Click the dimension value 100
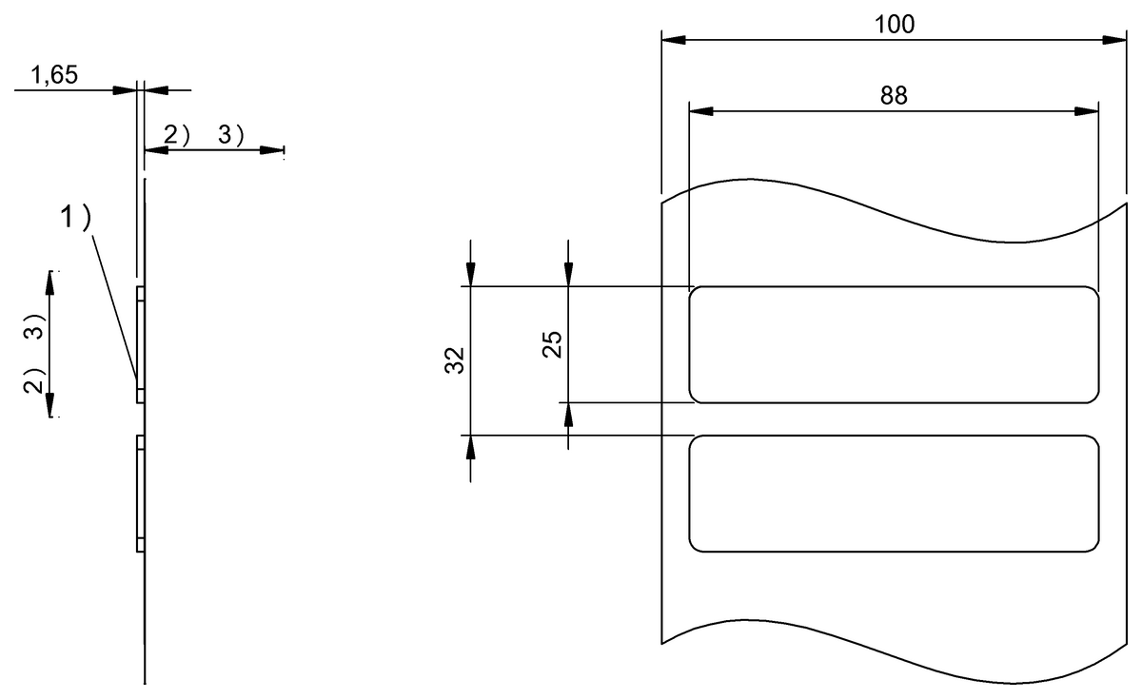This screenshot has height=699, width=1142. tap(894, 24)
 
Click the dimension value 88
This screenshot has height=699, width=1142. tap(894, 95)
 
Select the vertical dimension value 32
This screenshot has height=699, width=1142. tap(454, 360)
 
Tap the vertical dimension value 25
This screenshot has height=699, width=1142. tap(551, 343)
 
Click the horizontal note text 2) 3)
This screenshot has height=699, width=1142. tap(205, 135)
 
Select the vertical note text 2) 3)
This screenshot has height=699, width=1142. tap(34, 353)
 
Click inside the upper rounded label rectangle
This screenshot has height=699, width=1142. tap(894, 344)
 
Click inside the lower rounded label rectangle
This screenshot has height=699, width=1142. tap(894, 493)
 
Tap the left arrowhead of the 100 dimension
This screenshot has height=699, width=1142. tap(673, 40)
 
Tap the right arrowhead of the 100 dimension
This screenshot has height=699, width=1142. tap(1114, 40)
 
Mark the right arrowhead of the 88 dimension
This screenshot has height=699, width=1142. tap(1087, 111)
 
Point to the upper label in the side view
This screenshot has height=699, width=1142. tap(141, 344)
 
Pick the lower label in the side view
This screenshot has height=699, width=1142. tap(141, 493)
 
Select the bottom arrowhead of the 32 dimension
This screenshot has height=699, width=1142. tap(471, 447)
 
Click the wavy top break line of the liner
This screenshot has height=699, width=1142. tap(894, 211)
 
